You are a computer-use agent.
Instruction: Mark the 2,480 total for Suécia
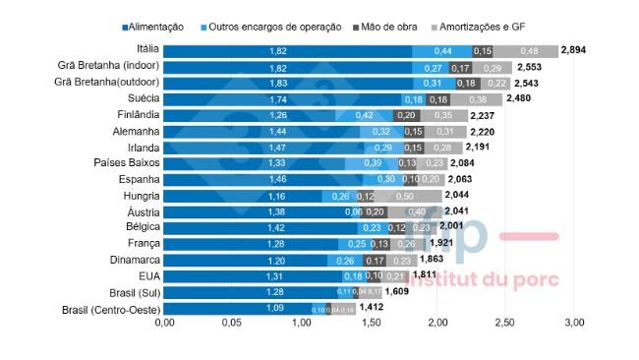(522, 98)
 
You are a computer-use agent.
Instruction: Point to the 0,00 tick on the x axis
(163, 324)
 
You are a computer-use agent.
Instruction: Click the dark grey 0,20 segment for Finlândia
(406, 115)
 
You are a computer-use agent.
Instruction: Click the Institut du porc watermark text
(483, 280)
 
